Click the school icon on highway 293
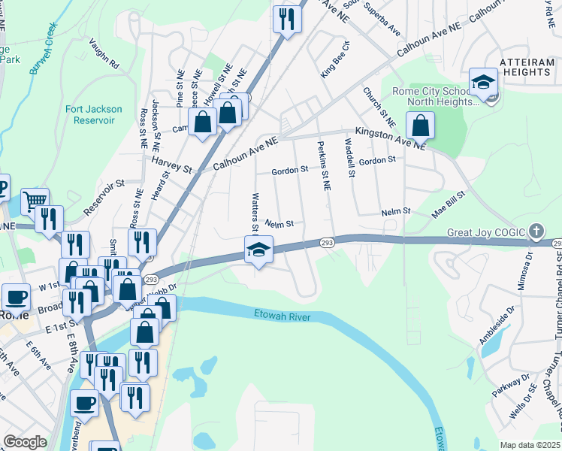(258, 250)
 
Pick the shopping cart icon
(35, 201)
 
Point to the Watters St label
(255, 211)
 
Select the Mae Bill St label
(449, 204)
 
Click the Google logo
(25, 442)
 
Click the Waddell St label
(350, 158)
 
